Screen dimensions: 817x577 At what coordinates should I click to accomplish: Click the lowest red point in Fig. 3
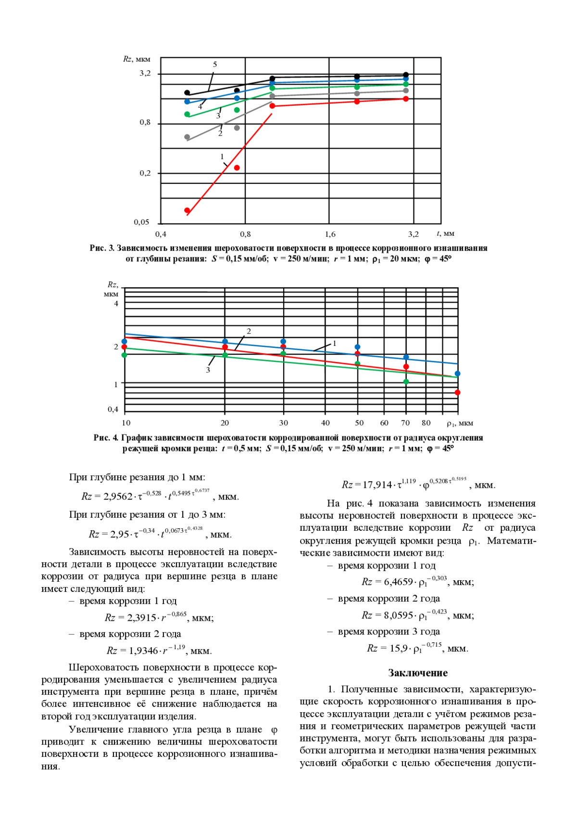tap(188, 210)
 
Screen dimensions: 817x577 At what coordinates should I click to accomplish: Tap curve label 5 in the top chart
tap(215, 64)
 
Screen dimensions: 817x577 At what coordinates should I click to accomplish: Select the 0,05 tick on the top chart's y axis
tap(141, 222)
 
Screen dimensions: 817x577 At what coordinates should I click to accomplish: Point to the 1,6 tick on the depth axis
tap(330, 234)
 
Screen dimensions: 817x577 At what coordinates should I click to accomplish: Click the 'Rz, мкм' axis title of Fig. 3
tap(137, 59)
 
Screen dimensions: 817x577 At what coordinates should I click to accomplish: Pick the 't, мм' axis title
tap(446, 234)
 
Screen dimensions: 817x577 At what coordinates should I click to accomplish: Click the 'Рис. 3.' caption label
tap(102, 248)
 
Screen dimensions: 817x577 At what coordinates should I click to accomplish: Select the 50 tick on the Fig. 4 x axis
tap(359, 423)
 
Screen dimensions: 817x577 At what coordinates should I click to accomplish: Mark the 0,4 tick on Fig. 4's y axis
tap(113, 409)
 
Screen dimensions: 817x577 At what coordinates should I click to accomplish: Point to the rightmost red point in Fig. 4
tap(457, 393)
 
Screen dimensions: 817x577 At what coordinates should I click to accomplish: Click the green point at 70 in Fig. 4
tap(406, 382)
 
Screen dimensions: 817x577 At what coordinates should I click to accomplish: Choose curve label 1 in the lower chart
tap(335, 344)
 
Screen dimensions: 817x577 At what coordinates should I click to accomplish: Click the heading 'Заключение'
tap(417, 673)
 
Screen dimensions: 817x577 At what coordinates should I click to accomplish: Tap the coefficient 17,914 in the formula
tap(377, 485)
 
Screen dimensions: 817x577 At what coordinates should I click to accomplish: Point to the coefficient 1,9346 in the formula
tap(143, 651)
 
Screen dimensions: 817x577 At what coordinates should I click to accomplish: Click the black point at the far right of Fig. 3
tap(406, 75)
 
